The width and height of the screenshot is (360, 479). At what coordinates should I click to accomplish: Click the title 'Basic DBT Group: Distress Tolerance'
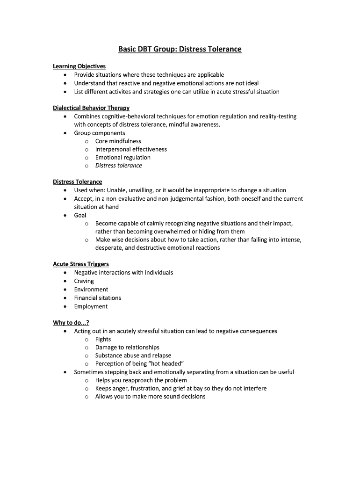(x=180, y=49)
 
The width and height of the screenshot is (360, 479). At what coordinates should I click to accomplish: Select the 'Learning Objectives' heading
(x=79, y=66)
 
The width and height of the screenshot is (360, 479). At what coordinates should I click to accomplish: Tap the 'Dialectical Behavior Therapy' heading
(x=91, y=108)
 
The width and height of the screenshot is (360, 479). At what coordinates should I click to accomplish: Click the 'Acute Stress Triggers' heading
(x=80, y=264)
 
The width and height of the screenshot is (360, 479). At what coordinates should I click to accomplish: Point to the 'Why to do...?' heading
(x=71, y=323)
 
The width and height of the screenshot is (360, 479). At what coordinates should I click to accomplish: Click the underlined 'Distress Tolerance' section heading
(x=77, y=182)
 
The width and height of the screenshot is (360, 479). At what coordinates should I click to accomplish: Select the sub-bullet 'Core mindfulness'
(x=118, y=141)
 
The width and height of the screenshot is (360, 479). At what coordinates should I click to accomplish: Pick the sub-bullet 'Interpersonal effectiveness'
(x=131, y=149)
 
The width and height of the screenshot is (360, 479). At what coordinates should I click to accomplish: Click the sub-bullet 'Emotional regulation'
(x=122, y=158)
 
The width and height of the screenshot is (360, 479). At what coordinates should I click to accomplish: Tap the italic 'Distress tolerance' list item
(x=118, y=166)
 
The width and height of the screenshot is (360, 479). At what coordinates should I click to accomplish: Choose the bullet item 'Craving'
(x=84, y=281)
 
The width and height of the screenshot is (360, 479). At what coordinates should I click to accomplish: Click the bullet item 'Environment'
(x=91, y=290)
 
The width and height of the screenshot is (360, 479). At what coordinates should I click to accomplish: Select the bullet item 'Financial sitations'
(x=97, y=298)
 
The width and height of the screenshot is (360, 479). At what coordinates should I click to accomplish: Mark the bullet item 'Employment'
(x=91, y=306)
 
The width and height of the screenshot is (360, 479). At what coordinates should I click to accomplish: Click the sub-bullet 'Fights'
(x=103, y=339)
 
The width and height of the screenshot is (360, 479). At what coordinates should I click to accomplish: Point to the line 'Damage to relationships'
(x=127, y=348)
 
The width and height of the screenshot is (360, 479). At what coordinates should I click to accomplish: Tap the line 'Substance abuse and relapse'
(x=133, y=356)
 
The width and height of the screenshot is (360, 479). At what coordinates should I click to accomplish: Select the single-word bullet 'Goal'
(x=80, y=215)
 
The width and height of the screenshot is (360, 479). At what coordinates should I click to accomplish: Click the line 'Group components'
(x=99, y=133)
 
